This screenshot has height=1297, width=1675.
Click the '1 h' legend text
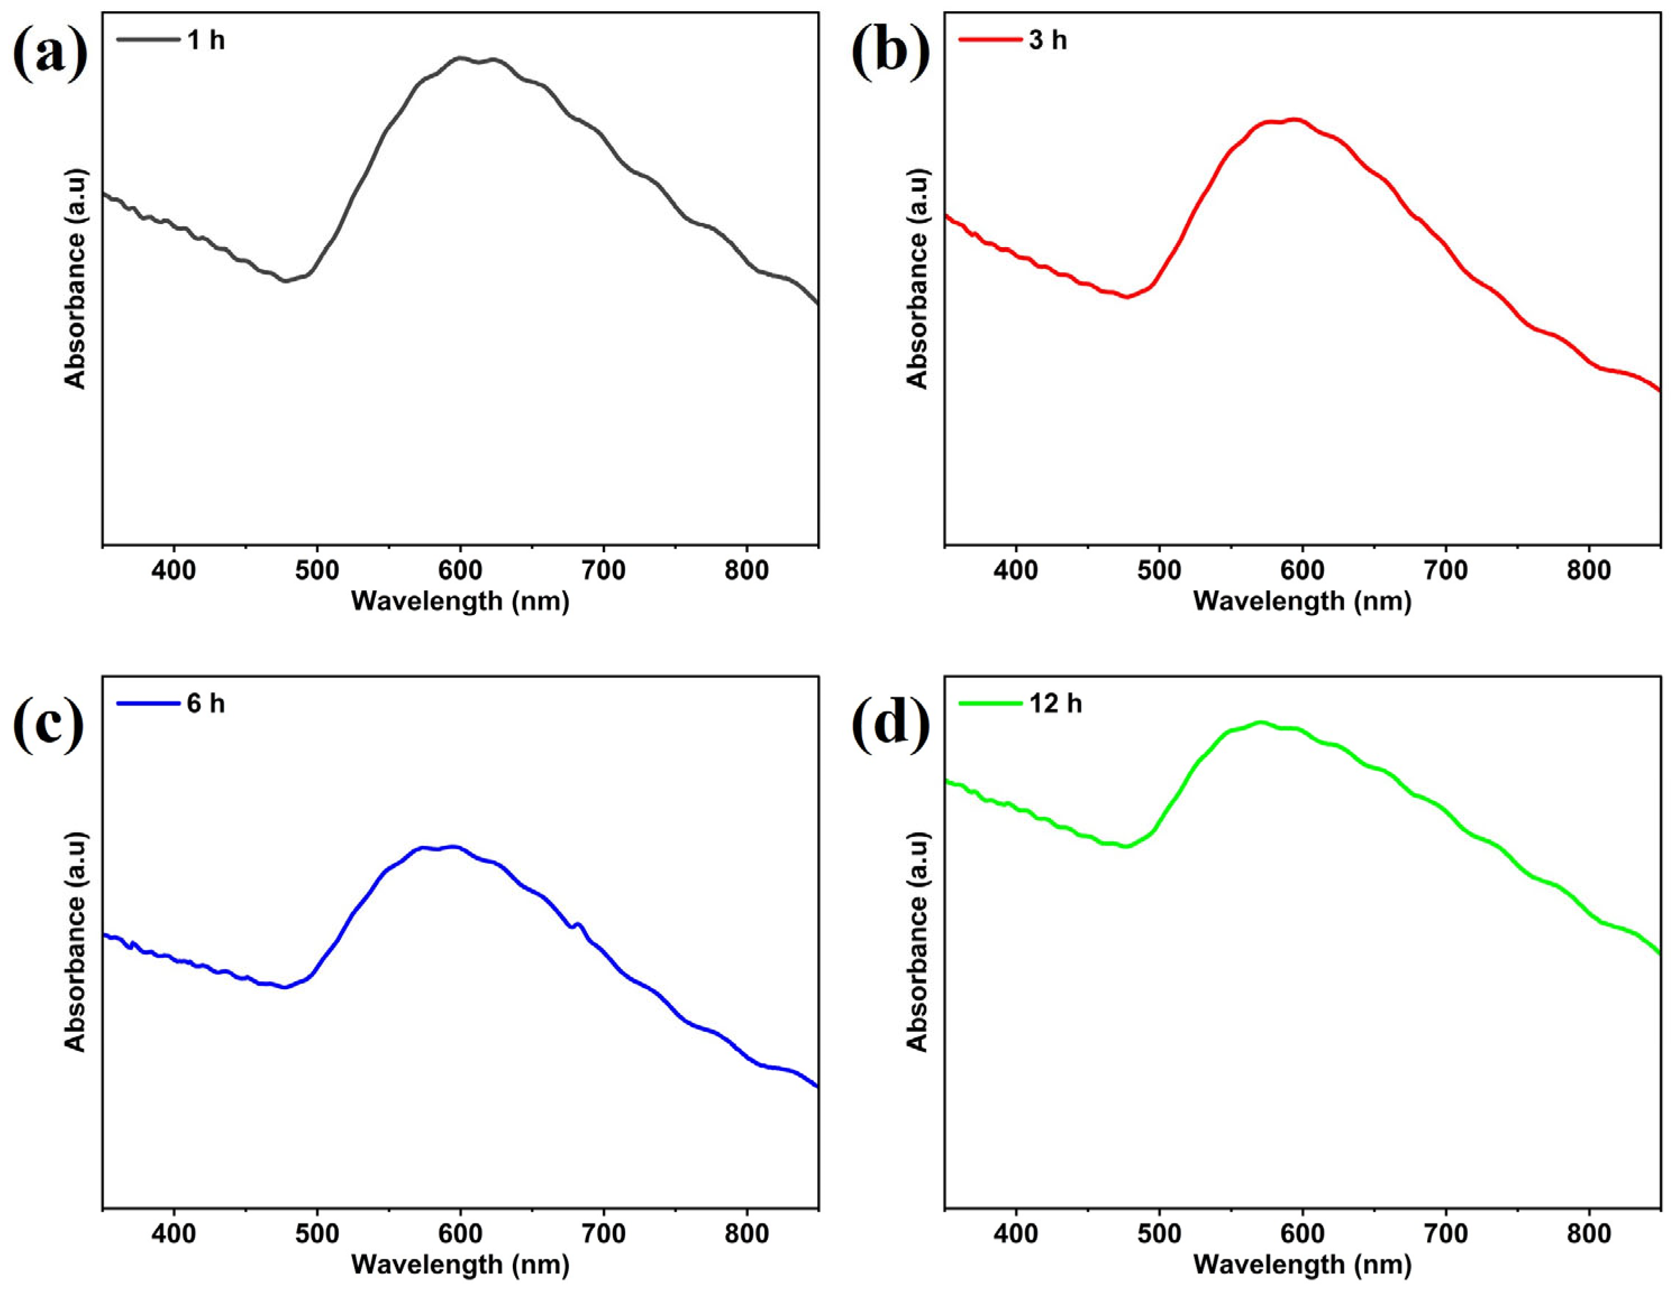(206, 40)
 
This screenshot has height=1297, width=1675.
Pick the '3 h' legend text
(1048, 40)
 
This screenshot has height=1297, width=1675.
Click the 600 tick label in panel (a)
(460, 570)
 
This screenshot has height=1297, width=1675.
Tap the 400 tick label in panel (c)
(174, 1234)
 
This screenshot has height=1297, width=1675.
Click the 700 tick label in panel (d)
(1446, 1234)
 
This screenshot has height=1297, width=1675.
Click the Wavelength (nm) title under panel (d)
(1302, 1264)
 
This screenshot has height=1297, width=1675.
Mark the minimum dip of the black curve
(285, 281)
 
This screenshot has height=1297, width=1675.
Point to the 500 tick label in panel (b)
(1159, 570)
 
